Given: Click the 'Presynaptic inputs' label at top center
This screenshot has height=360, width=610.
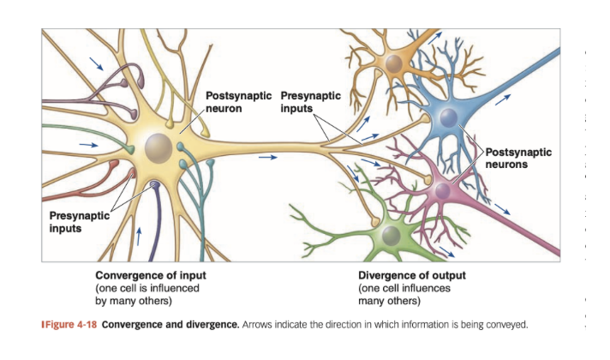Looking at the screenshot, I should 310,102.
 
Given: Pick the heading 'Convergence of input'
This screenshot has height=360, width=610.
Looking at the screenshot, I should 150,276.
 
